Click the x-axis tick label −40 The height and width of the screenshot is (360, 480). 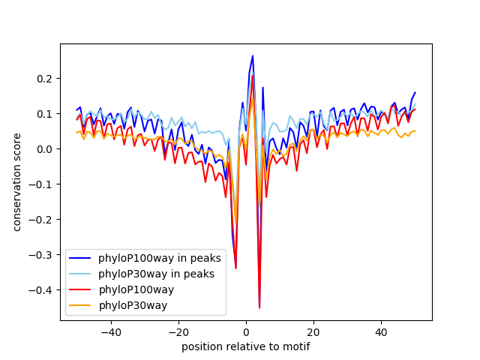[x=110, y=331]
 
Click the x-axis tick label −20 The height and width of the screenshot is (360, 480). [x=178, y=331]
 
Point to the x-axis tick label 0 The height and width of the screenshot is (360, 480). [x=246, y=331]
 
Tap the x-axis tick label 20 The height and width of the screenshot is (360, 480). [x=313, y=331]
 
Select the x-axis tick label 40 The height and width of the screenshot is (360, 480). [x=381, y=331]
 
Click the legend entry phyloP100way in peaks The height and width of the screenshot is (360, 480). [x=159, y=258]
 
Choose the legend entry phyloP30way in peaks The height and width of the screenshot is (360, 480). [x=157, y=274]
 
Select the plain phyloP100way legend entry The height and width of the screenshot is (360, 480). [x=136, y=289]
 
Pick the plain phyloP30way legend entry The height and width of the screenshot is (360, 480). [x=133, y=305]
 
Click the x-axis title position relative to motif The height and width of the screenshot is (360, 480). [x=245, y=346]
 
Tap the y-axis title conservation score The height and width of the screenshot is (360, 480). [x=16, y=182]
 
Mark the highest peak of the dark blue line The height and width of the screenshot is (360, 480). [x=253, y=55]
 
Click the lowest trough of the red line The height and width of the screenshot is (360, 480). [x=259, y=307]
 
